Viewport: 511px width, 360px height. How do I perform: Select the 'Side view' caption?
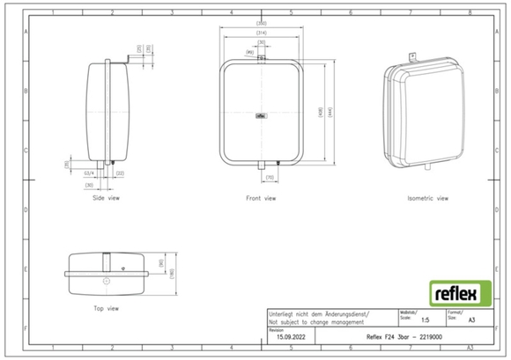click(106, 198)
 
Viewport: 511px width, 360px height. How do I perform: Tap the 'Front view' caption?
click(260, 198)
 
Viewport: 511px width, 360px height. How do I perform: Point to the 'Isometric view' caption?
click(427, 198)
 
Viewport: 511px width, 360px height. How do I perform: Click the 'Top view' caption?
click(106, 308)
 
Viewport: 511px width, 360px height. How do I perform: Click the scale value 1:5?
click(426, 323)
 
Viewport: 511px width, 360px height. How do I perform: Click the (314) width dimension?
click(261, 33)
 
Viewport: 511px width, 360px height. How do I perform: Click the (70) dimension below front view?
click(270, 178)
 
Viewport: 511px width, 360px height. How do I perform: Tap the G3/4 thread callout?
click(89, 173)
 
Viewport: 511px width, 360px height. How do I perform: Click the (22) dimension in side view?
click(120, 173)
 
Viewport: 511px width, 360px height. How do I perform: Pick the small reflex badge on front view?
click(262, 112)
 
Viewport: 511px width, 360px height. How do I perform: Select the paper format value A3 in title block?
click(470, 323)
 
